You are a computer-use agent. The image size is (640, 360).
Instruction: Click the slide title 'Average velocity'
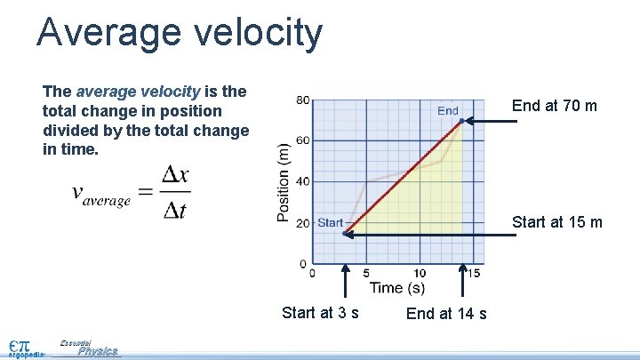180,33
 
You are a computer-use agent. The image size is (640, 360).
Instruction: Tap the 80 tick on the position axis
303,100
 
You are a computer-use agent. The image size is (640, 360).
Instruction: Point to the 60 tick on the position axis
303,141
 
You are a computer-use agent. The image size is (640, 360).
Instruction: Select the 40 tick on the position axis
303,182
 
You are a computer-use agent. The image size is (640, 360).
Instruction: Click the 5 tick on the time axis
366,274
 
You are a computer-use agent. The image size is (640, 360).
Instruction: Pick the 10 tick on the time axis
420,274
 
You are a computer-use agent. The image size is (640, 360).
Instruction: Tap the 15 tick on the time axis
474,274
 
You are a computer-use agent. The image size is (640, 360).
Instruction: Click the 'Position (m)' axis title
284,182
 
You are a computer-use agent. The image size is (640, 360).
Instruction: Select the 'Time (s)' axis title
396,288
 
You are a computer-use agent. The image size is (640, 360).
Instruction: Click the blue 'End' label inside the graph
448,111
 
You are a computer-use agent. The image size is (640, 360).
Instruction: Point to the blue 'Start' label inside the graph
330,223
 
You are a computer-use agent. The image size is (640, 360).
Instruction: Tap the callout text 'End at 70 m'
555,106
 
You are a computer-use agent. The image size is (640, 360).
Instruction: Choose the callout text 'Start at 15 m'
557,222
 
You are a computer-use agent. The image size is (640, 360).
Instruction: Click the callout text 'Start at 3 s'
320,312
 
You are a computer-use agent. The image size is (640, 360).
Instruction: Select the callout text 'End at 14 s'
446,313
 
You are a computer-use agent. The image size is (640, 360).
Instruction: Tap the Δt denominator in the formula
174,211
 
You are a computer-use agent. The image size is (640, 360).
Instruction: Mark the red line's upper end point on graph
461,121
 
